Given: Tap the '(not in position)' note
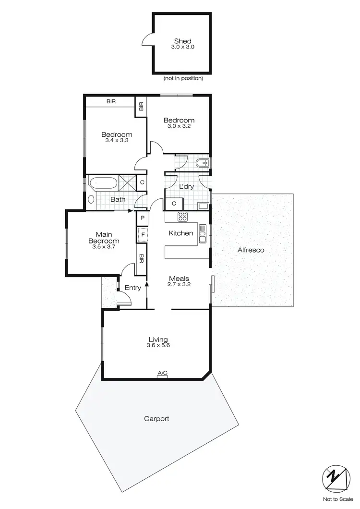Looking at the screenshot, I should pyautogui.click(x=183, y=78).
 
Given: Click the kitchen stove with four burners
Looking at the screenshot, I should pyautogui.click(x=183, y=217).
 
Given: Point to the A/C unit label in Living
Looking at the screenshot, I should pyautogui.click(x=162, y=373).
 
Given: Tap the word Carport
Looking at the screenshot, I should pyautogui.click(x=156, y=419).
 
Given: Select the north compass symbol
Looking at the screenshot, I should pyautogui.click(x=335, y=479).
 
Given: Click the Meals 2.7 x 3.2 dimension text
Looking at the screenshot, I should pyautogui.click(x=179, y=284).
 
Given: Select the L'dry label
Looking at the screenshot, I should pyautogui.click(x=186, y=187).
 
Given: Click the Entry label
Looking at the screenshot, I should pyautogui.click(x=132, y=288).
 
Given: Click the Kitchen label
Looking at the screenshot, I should pyautogui.click(x=181, y=233).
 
